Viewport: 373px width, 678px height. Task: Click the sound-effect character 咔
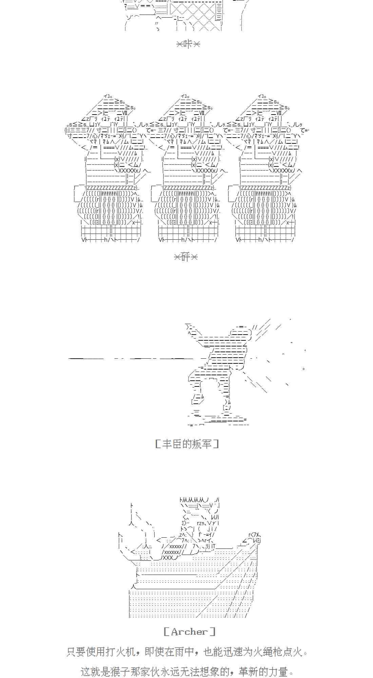[x=188, y=44]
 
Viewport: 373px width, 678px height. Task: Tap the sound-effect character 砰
[x=185, y=257]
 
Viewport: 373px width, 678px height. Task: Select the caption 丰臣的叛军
[x=187, y=444]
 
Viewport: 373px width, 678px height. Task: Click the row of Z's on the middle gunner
[x=188, y=188]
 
